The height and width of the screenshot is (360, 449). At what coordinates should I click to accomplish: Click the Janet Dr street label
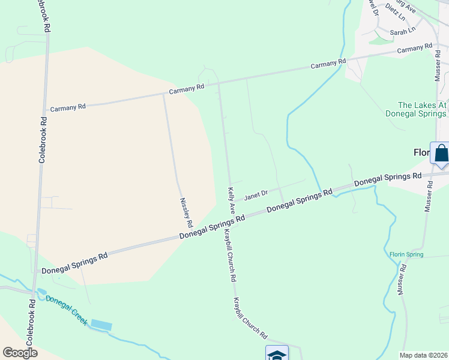pyautogui.click(x=256, y=193)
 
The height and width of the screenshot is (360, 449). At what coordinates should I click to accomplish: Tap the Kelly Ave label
pyautogui.click(x=231, y=200)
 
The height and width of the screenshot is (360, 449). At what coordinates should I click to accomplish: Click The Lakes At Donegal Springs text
pyautogui.click(x=414, y=109)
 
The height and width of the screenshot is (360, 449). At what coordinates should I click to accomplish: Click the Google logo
pyautogui.click(x=20, y=353)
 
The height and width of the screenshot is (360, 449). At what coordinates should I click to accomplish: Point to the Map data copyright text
pyautogui.click(x=424, y=355)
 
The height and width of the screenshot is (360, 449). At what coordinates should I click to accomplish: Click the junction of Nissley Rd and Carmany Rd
pyautogui.click(x=163, y=95)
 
